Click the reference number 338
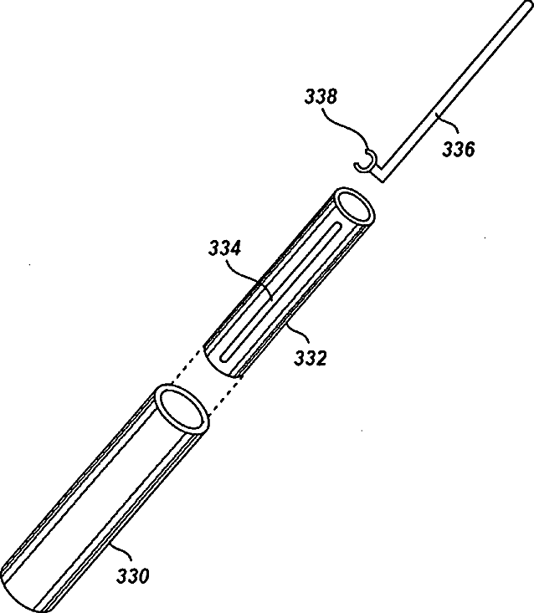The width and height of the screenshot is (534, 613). coord(322,98)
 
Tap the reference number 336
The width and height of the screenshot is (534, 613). coord(459,151)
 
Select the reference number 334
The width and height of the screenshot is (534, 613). coord(225,248)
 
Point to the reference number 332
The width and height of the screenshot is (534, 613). coord(310,358)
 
